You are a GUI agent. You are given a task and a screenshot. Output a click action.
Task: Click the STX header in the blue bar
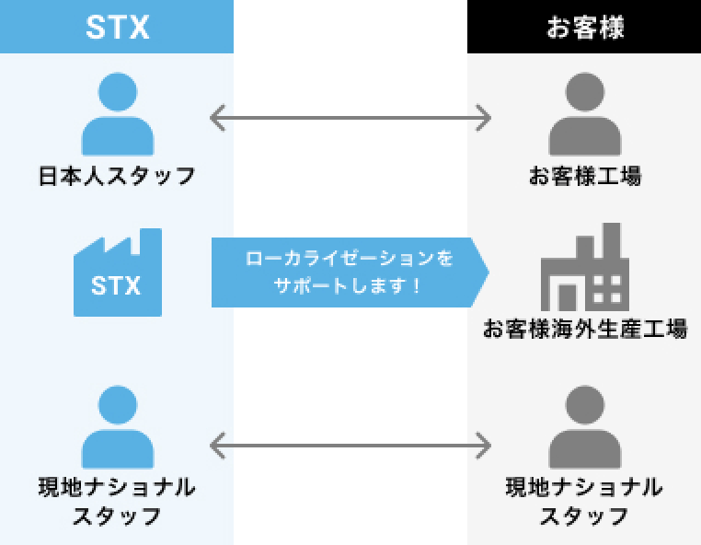[117, 27]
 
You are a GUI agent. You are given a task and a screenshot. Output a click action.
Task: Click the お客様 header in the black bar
[585, 27]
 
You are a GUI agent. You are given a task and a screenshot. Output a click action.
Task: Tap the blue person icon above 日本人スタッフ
[117, 115]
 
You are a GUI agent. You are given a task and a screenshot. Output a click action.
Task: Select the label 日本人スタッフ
[117, 175]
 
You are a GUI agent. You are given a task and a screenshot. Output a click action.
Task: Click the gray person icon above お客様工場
[585, 115]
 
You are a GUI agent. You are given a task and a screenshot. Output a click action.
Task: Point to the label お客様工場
[585, 175]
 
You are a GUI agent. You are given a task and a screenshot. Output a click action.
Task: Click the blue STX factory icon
[117, 273]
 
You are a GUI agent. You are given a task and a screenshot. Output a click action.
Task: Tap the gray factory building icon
[585, 269]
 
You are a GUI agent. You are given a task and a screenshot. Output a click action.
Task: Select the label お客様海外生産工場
[585, 329]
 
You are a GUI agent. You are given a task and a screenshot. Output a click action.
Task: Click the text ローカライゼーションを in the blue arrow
[350, 259]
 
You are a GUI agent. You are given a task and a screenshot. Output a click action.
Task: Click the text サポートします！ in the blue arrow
[350, 286]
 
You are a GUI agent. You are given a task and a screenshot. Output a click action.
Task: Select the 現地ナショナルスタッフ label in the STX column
[117, 501]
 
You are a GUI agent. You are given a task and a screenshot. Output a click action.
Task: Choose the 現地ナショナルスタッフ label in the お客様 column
[585, 501]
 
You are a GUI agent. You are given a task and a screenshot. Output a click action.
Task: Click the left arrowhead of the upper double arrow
[216, 118]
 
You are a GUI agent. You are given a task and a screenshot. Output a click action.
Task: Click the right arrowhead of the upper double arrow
[485, 118]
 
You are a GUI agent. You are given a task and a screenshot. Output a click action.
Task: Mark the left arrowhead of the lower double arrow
[216, 447]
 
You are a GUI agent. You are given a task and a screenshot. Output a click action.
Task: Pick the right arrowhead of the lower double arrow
[485, 447]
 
